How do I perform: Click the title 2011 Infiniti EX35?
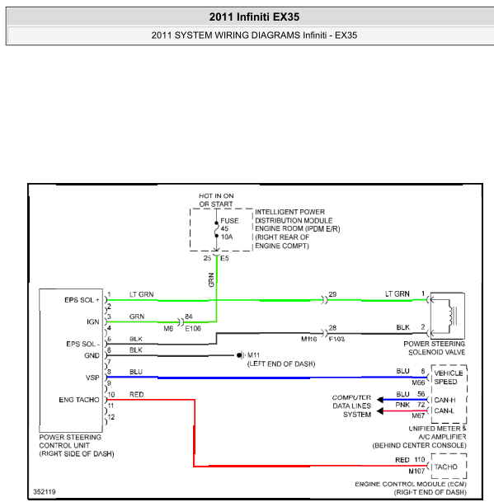tap(254, 16)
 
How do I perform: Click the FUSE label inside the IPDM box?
tap(229, 221)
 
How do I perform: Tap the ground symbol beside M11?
tap(240, 355)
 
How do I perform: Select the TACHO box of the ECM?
tap(449, 467)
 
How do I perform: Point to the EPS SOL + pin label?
tap(82, 300)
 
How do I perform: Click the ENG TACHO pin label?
tap(79, 400)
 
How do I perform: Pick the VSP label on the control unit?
tap(92, 378)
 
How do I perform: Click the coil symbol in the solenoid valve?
tap(452, 316)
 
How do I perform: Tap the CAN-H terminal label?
tap(445, 400)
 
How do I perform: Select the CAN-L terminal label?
tap(445, 411)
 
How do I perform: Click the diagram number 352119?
tap(45, 491)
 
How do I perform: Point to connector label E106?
tap(193, 329)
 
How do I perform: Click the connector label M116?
tap(308, 339)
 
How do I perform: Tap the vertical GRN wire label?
tap(211, 279)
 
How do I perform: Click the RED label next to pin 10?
tap(136, 394)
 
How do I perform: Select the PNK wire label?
tap(402, 405)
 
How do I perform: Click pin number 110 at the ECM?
tap(420, 460)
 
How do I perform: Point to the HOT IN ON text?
tap(216, 195)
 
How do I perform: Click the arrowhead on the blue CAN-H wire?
tap(380, 400)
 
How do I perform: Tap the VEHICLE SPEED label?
tap(449, 378)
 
